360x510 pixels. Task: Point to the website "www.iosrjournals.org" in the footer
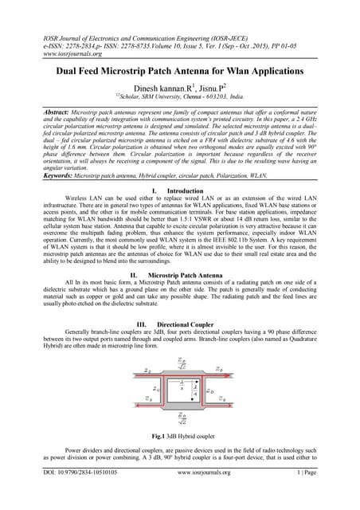click(x=181, y=494)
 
